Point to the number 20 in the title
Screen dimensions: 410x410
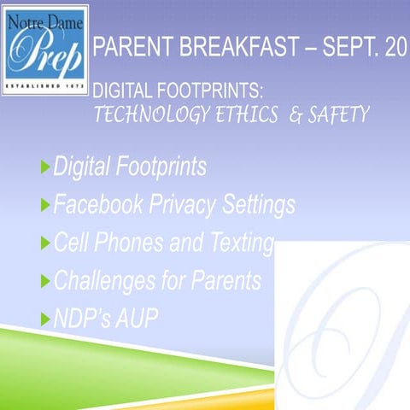395,50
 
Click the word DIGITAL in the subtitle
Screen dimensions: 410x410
116,89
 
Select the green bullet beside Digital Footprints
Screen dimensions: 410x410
45,167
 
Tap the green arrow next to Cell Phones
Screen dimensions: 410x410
45,244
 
